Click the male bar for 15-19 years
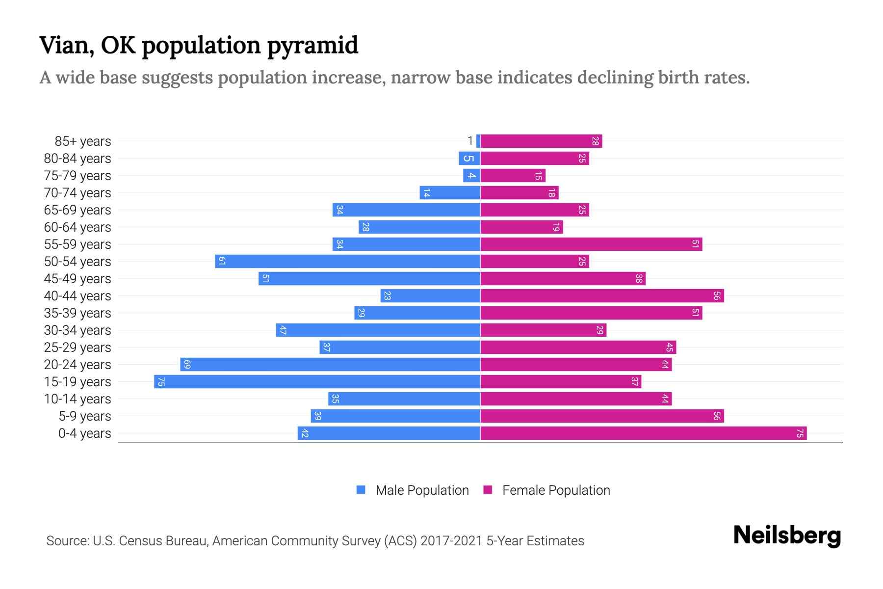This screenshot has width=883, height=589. click(x=317, y=382)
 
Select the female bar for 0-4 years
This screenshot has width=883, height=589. click(x=644, y=433)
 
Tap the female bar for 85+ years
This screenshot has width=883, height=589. click(x=541, y=141)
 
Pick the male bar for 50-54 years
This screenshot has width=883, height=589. click(x=347, y=262)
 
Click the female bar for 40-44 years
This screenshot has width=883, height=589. click(x=602, y=296)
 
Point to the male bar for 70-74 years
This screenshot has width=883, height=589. click(x=450, y=193)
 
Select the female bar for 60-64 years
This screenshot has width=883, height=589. click(x=521, y=227)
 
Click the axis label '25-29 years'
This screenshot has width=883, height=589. click(x=78, y=348)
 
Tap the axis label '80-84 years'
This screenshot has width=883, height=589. click(x=78, y=159)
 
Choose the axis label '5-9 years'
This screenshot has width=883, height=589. click(x=85, y=416)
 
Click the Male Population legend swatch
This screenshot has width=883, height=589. click(x=361, y=490)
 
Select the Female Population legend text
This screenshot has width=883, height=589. click(x=556, y=490)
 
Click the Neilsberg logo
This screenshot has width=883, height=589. click(x=787, y=535)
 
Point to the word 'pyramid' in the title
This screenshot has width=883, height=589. click(x=312, y=46)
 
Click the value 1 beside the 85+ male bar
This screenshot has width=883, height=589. click(x=470, y=141)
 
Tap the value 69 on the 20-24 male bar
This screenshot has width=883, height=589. click(x=187, y=365)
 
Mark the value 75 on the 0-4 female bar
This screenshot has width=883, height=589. click(x=800, y=433)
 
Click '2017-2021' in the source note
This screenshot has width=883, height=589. click(x=451, y=541)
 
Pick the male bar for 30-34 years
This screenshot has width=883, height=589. click(x=378, y=330)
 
